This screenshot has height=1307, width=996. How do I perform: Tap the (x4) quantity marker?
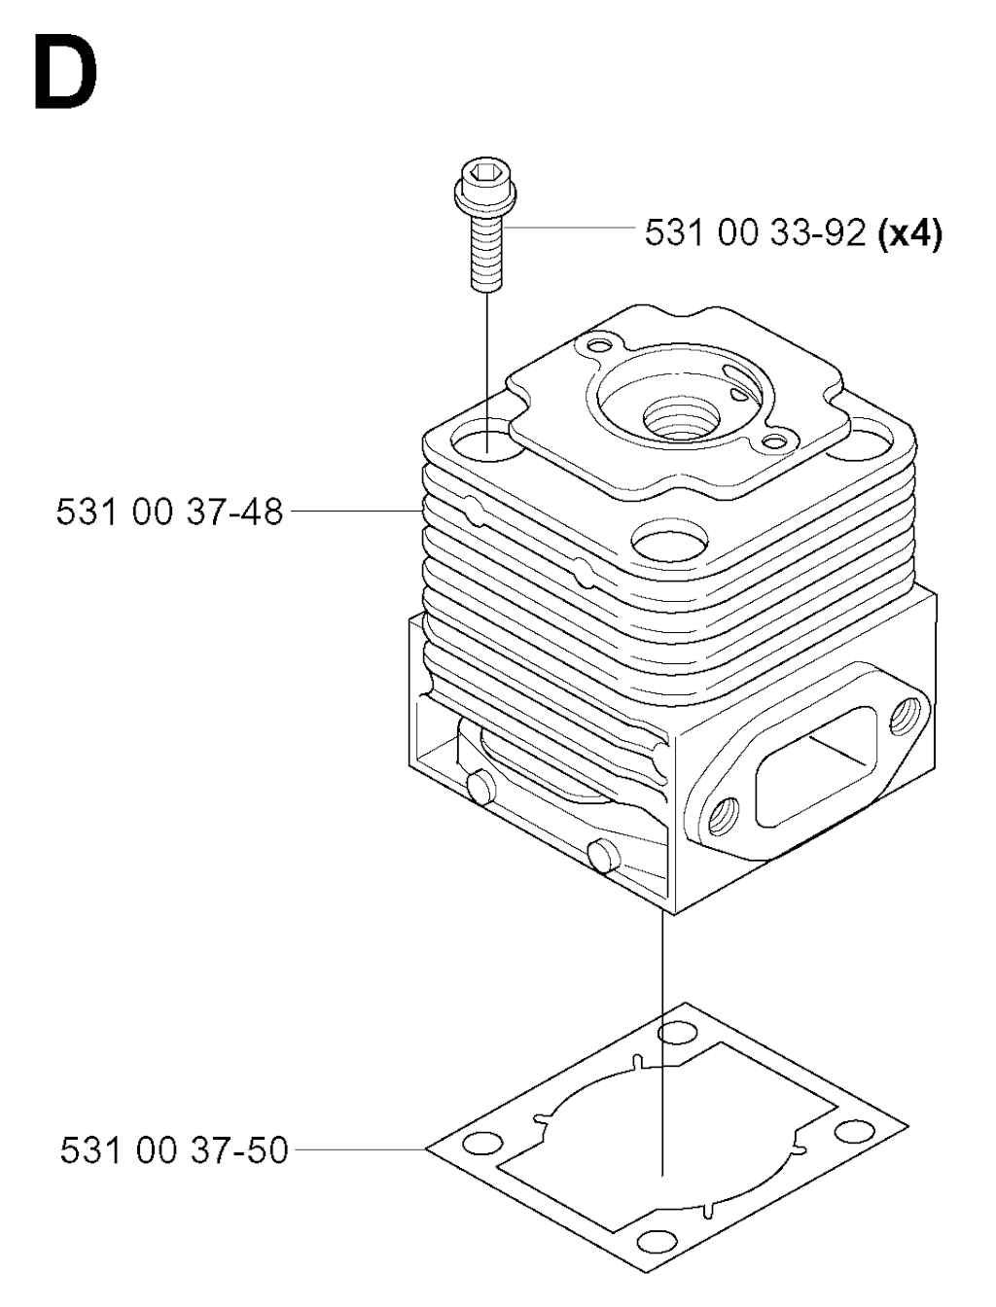910,233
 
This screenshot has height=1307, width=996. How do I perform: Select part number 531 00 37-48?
169,512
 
